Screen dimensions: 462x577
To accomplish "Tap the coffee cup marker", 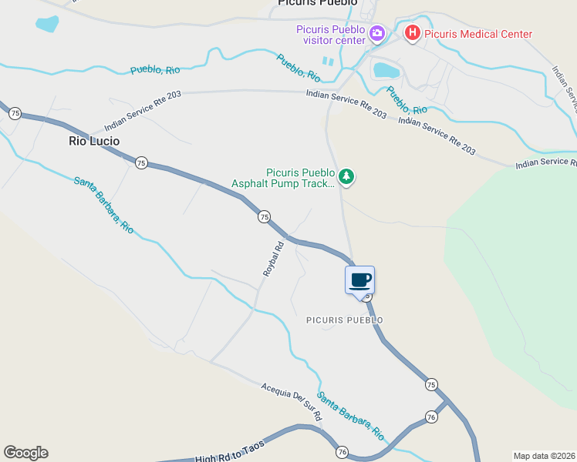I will [359, 280].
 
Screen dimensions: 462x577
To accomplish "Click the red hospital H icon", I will [412, 33].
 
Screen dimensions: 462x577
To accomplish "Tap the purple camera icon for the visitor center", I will [376, 32].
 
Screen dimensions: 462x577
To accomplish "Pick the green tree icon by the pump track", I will [347, 178].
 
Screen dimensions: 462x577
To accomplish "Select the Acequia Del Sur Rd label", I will [291, 400].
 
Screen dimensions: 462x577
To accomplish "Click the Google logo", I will [25, 453].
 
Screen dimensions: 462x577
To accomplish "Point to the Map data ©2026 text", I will [544, 456].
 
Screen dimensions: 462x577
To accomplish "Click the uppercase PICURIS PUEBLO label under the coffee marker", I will [344, 320].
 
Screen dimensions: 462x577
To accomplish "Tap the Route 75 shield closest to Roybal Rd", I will [264, 217].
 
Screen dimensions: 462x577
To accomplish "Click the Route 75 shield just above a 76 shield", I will [430, 383].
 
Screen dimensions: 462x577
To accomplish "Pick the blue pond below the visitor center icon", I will [386, 71].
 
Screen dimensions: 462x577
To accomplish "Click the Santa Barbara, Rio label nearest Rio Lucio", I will [104, 205].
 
